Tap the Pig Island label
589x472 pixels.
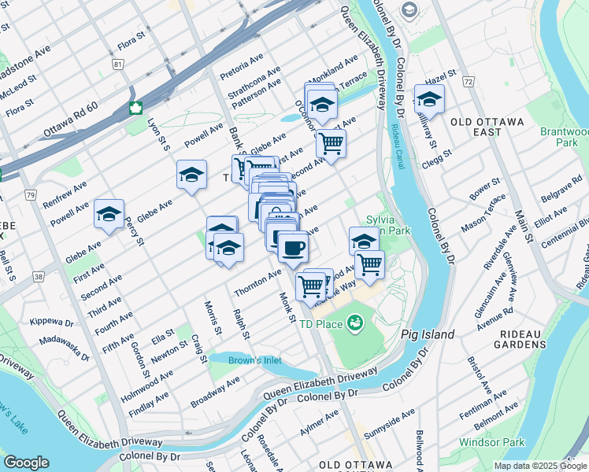(x=428, y=334)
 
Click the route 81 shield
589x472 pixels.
(x=118, y=64)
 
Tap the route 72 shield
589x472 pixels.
(x=468, y=81)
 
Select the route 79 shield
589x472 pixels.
(x=30, y=194)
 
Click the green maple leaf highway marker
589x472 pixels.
(x=135, y=108)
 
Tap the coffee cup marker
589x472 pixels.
(x=293, y=248)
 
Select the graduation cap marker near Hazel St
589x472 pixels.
(x=429, y=100)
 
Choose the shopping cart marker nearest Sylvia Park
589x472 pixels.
(x=369, y=265)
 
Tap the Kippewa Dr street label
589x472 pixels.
(x=51, y=323)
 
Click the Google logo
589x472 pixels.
(x=26, y=463)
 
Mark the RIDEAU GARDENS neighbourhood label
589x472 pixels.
(x=529, y=334)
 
